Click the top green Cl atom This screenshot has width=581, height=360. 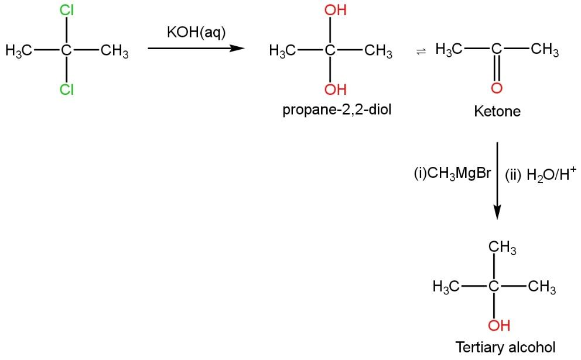pyautogui.click(x=67, y=11)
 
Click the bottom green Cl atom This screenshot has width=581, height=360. pyautogui.click(x=67, y=90)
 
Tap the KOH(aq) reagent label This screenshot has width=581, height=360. pyautogui.click(x=196, y=33)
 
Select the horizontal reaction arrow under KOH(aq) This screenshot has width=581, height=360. pyautogui.click(x=196, y=49)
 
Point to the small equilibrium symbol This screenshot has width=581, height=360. pyautogui.click(x=419, y=52)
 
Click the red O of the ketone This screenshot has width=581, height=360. pyautogui.click(x=497, y=88)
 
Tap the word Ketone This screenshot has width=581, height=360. pyautogui.click(x=497, y=111)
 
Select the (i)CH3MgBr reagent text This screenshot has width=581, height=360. pyautogui.click(x=452, y=174)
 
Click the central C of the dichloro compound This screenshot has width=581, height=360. pyautogui.click(x=67, y=51)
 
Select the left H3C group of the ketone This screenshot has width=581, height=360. pyautogui.click(x=449, y=51)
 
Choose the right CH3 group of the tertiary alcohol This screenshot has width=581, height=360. pyautogui.click(x=542, y=287)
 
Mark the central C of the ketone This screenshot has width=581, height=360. pyautogui.click(x=497, y=51)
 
